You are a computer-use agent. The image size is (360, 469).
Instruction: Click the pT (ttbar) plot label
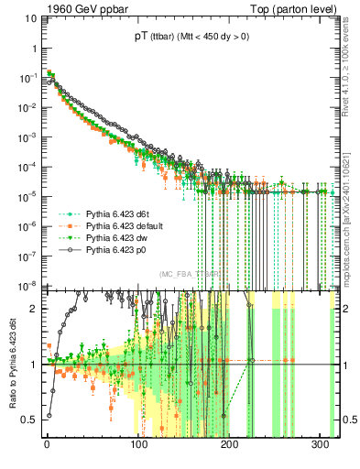[x=190, y=37]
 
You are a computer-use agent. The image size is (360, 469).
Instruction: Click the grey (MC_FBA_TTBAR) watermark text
[x=189, y=274]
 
